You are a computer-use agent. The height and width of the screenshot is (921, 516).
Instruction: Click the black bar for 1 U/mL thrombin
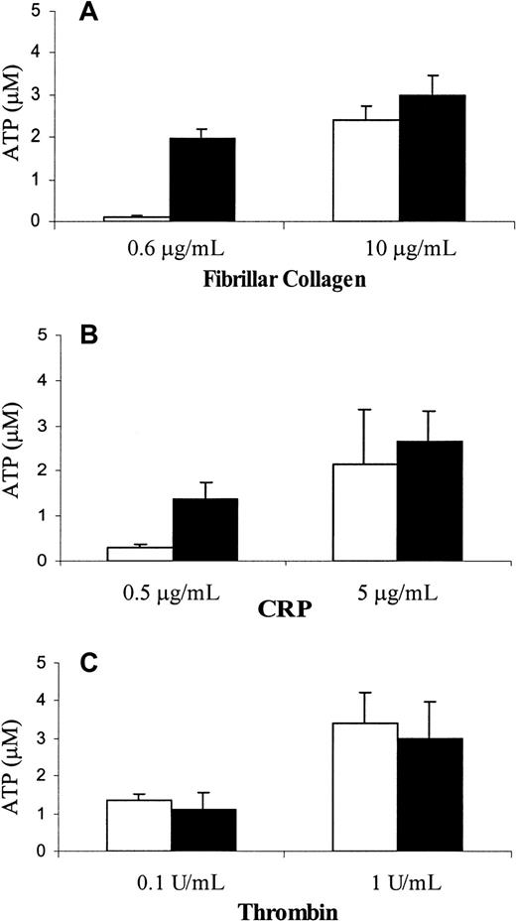(431, 794)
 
